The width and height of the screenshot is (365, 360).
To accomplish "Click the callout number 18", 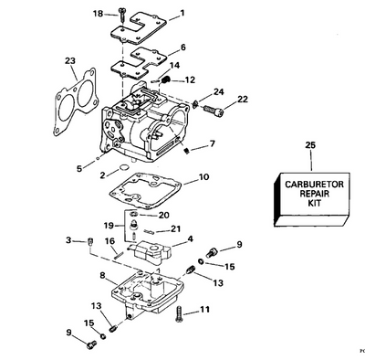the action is click(99, 14).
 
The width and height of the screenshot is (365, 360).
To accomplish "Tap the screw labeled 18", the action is click(122, 14).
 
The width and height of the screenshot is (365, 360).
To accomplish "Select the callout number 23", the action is click(70, 61).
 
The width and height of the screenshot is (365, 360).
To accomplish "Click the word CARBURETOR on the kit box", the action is click(314, 185).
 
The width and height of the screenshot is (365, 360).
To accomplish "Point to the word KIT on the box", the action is click(314, 203).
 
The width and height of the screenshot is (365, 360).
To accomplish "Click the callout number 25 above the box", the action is click(310, 145).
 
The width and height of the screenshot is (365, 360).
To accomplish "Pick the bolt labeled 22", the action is click(214, 110).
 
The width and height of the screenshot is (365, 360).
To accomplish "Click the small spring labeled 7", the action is click(187, 151).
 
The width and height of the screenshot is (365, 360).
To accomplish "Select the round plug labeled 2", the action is click(123, 167).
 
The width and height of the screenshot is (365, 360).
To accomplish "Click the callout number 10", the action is click(203, 176).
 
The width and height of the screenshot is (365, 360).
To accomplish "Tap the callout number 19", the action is click(109, 226).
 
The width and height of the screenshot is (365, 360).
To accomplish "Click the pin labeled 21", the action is click(150, 232).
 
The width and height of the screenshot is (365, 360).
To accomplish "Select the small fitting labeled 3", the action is click(89, 241).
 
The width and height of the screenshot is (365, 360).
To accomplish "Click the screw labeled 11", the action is click(179, 314).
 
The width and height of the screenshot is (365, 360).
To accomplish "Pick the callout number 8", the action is click(102, 276).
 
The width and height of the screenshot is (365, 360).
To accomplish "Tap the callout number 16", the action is click(109, 241).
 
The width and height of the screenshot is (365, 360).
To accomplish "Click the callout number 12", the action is click(190, 80).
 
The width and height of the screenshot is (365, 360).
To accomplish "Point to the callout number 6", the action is click(183, 48).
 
